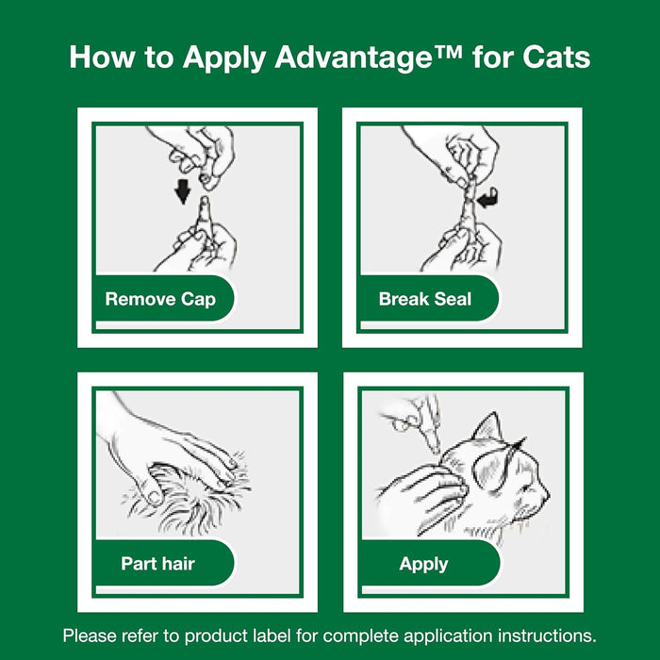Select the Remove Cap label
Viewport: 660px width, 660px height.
tap(160, 300)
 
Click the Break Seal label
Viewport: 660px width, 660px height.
tap(425, 300)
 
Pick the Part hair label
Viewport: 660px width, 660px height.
tap(158, 564)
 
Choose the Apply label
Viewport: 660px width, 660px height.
tap(423, 564)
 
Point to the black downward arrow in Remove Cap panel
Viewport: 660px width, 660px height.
tap(183, 191)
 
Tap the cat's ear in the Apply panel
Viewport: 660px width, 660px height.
tap(487, 434)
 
